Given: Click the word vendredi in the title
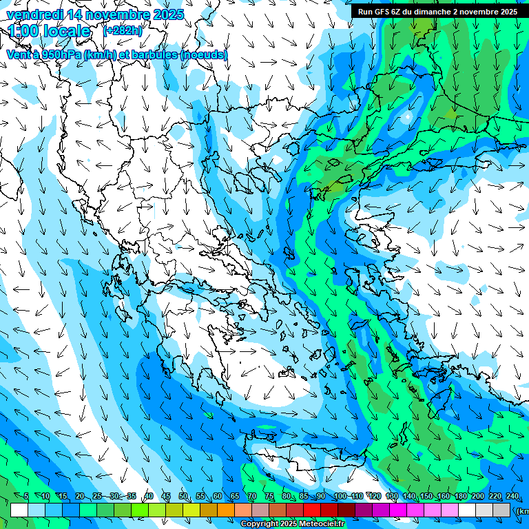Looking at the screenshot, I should point(35,14).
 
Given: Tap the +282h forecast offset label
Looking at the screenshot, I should point(123,31).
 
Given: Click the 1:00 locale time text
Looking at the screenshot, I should point(49,31).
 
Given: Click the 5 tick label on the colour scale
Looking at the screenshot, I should point(26,497).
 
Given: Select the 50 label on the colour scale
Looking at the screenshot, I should point(183,497).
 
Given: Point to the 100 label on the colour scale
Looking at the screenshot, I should point(340,497).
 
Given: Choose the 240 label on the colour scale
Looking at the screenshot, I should point(512,497).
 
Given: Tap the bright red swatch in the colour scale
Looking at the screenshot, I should point(312,510).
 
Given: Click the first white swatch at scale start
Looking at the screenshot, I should point(19,510).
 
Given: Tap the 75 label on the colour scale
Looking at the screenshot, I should point(269,497).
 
